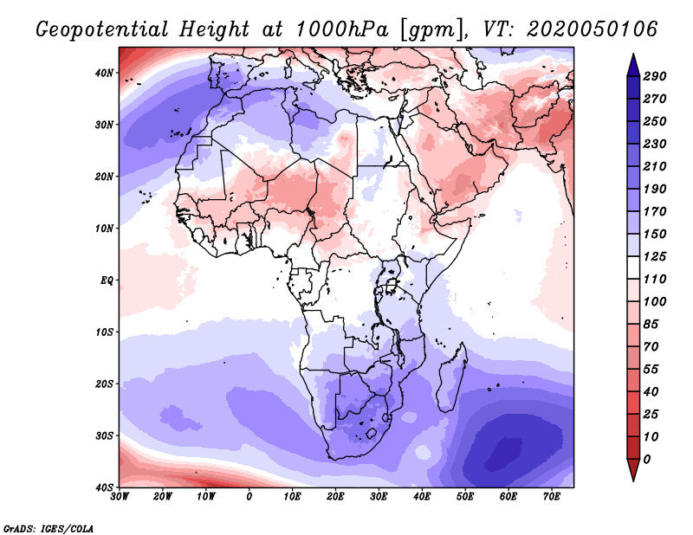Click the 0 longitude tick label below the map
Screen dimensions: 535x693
click(249, 496)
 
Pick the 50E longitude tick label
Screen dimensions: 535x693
click(465, 496)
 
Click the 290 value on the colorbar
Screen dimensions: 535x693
click(655, 77)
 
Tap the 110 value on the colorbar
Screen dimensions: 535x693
click(655, 280)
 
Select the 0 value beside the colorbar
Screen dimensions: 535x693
click(647, 459)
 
